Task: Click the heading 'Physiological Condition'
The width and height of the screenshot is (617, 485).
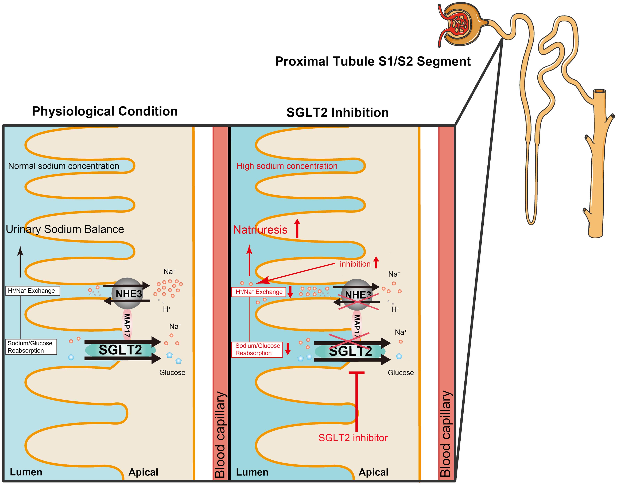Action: click(x=105, y=111)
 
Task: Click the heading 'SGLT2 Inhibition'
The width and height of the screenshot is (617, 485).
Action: click(x=337, y=113)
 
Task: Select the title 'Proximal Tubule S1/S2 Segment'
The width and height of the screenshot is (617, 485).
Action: click(x=372, y=61)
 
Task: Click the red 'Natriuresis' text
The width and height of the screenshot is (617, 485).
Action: click(x=260, y=230)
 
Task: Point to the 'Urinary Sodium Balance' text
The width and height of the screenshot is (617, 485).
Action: click(x=65, y=229)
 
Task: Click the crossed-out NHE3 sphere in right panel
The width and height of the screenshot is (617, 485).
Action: click(x=357, y=295)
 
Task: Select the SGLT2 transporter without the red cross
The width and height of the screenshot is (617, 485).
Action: click(x=120, y=350)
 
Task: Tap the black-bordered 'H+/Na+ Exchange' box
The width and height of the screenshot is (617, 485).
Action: click(x=33, y=291)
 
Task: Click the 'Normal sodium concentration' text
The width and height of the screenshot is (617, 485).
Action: click(x=64, y=166)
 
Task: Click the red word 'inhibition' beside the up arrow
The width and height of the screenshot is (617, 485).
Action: click(x=355, y=264)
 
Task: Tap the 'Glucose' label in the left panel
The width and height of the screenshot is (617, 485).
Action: click(x=172, y=373)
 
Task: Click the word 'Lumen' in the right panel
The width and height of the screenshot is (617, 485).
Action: click(x=252, y=472)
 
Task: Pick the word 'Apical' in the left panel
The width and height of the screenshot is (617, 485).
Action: click(x=143, y=472)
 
